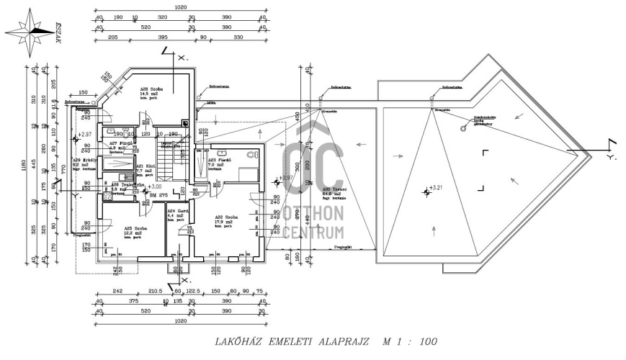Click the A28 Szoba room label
tap(152, 91)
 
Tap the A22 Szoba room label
tap(226, 215)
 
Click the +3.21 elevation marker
tap(435, 189)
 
